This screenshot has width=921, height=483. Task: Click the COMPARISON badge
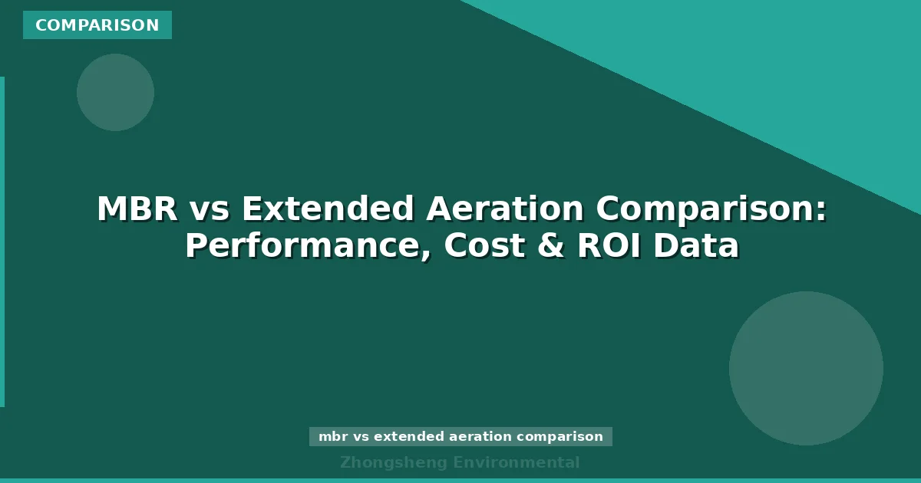(97, 25)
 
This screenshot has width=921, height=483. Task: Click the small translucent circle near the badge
(115, 92)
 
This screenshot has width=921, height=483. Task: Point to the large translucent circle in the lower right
(806, 368)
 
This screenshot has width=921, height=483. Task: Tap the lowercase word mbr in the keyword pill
(333, 437)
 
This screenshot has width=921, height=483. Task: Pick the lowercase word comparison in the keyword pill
(560, 437)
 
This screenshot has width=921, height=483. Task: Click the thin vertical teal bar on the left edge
(2, 242)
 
